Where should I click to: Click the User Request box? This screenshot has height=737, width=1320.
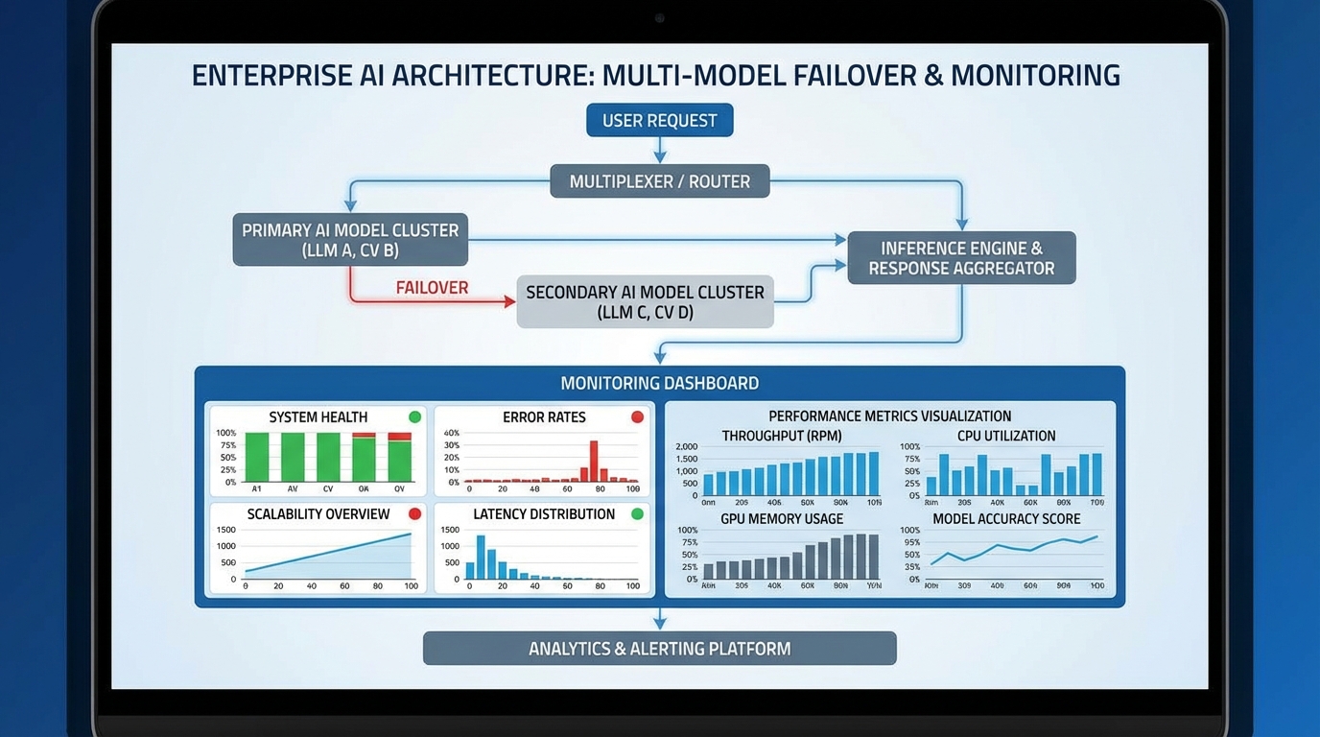659,121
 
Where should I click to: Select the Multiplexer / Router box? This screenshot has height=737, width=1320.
659,181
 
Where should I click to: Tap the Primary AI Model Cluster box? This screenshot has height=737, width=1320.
350,240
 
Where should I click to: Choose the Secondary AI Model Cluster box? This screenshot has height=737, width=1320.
645,301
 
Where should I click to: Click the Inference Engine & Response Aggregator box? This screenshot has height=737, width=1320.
961,257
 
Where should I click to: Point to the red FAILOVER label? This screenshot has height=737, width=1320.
432,288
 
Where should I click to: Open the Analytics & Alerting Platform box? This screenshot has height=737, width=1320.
659,649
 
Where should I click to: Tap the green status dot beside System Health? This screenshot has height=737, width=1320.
415,416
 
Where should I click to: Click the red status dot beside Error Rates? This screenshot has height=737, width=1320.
637,416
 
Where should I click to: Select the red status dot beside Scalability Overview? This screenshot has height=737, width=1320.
415,513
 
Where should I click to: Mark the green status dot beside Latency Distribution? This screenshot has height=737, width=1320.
637,513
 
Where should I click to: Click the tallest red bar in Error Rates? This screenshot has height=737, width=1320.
594,460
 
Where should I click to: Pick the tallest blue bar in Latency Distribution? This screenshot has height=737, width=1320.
481,556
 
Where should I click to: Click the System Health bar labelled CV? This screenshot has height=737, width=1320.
328,457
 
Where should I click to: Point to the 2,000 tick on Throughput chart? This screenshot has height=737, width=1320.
687,447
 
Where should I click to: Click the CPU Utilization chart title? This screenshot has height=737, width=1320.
1005,436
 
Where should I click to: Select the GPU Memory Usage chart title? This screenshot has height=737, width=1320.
782,519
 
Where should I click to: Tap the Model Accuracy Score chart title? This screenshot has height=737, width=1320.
1006,519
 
